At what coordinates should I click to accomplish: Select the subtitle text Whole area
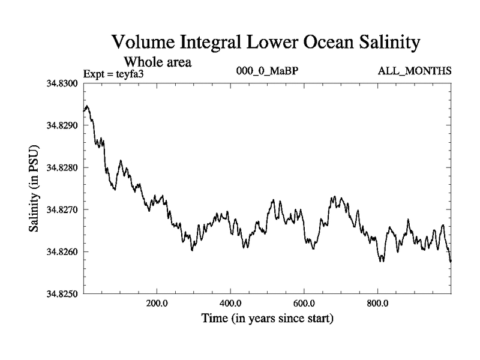(x=157, y=62)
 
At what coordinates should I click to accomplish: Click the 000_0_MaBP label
(x=268, y=71)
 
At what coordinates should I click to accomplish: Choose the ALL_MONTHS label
(x=415, y=71)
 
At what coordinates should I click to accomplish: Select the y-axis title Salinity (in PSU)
(x=35, y=189)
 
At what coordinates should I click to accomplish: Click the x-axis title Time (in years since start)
(x=267, y=318)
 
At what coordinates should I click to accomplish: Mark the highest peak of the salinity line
(x=88, y=106)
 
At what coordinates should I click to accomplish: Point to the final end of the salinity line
(x=451, y=261)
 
